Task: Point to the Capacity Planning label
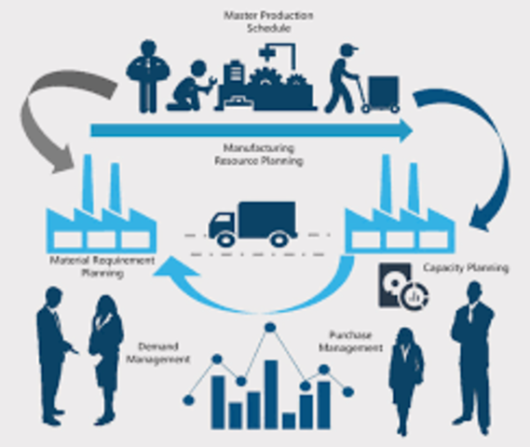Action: [x=467, y=268]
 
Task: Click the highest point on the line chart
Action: [x=271, y=328]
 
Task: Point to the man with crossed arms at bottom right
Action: [x=471, y=354]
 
